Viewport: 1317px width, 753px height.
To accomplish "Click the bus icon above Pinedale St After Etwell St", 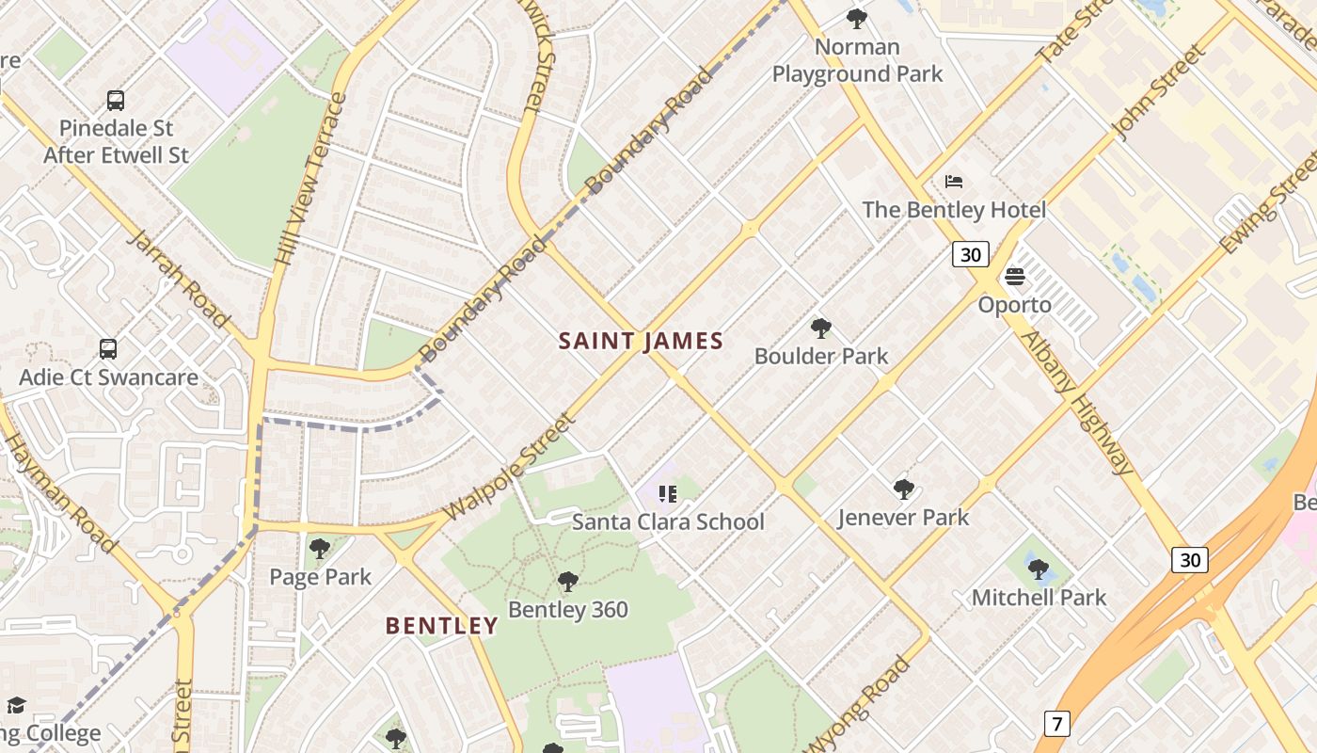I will coord(116,100).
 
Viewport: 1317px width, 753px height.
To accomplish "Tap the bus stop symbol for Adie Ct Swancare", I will coord(108,349).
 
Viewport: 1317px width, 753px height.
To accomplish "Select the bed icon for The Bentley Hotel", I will coord(954,182).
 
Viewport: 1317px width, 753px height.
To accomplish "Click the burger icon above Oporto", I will coord(1014,277).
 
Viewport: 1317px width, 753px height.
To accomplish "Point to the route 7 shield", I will coord(1056,724).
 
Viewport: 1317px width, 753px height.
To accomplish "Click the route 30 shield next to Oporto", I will coord(970,254).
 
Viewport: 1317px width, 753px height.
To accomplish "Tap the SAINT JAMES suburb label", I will coord(641,341).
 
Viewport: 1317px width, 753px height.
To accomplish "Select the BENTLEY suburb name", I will coord(442,625).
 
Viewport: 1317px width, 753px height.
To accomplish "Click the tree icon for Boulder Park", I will coord(821,328).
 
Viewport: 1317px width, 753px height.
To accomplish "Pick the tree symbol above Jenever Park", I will coord(903,489).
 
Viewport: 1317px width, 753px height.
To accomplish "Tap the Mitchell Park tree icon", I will coord(1038,569).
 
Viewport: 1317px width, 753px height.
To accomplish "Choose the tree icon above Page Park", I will coord(320,549).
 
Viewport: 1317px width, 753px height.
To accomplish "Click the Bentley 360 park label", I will coord(568,609).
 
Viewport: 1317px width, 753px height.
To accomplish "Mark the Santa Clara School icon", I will coord(668,494).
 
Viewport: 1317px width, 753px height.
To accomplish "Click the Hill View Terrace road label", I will coord(311,179).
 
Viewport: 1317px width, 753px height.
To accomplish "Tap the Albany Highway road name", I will coord(1078,402).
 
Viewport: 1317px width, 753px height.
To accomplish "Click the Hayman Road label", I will coord(60,493).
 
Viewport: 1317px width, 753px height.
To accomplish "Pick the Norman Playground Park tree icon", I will coord(856,18).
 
